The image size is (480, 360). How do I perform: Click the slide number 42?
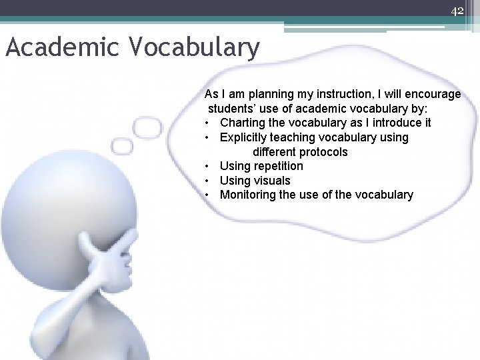coord(457,11)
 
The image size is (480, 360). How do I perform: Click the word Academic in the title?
coord(62,48)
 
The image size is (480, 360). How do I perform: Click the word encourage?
coord(432,94)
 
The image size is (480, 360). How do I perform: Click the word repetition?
coord(278,166)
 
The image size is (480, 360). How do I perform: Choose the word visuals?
coord(272,181)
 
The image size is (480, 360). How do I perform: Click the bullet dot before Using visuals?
coord(209,181)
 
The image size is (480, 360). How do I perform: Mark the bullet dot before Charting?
coord(209,123)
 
